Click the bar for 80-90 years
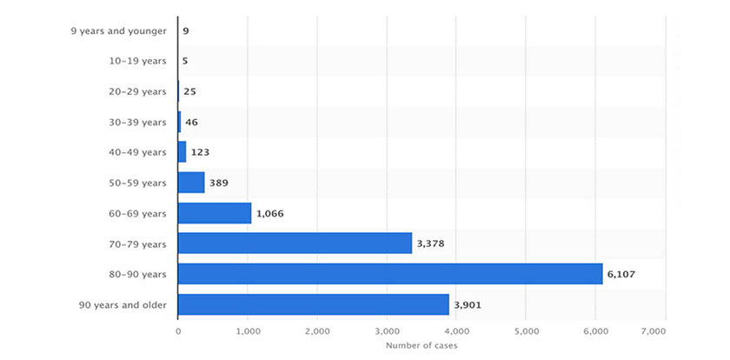point(390,274)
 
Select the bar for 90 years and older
point(314,304)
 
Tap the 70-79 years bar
point(295,243)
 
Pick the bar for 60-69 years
point(215,213)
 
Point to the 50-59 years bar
point(191,183)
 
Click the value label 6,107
point(622,274)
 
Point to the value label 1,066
point(271,213)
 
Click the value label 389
point(219,183)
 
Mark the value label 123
point(200,152)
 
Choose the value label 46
point(192,123)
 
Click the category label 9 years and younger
point(118,31)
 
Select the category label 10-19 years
point(137,62)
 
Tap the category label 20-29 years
point(137,92)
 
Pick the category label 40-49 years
point(137,152)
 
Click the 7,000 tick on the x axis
point(653,331)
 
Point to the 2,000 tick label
point(317,331)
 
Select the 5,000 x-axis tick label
point(526,331)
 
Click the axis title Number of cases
point(421,347)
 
